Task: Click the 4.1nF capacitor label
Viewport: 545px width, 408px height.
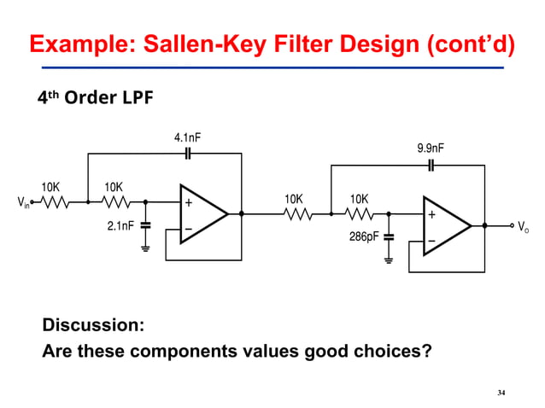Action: (188, 137)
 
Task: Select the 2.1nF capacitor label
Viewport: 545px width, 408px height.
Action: (121, 226)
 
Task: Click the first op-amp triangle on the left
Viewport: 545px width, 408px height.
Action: (202, 214)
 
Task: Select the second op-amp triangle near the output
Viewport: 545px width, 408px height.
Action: (446, 225)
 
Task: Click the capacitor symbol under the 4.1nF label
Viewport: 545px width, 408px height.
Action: (188, 154)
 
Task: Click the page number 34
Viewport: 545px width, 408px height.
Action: (501, 393)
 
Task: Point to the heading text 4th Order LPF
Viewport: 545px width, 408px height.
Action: (95, 98)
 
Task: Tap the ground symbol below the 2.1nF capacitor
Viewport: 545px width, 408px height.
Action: (145, 248)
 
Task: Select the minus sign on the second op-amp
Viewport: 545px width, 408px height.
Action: (431, 242)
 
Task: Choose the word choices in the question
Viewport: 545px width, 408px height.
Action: (388, 351)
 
